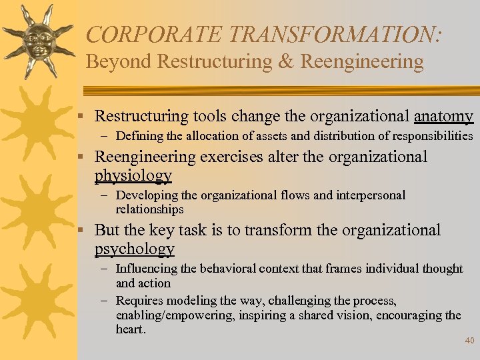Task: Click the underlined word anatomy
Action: coord(443,117)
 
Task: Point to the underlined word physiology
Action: coord(133,176)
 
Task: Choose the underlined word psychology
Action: coord(134,249)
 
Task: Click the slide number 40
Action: coord(469,341)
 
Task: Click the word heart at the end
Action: coord(129,329)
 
